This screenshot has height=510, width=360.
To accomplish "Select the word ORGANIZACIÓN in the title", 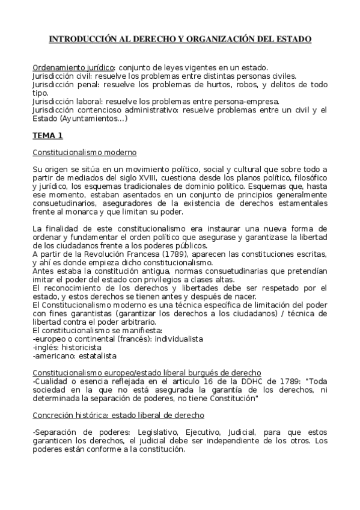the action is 225,39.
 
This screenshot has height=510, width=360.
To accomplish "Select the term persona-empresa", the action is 246,102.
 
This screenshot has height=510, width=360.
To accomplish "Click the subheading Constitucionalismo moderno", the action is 84,152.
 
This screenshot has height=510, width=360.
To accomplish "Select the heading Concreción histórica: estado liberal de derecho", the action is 118,415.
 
